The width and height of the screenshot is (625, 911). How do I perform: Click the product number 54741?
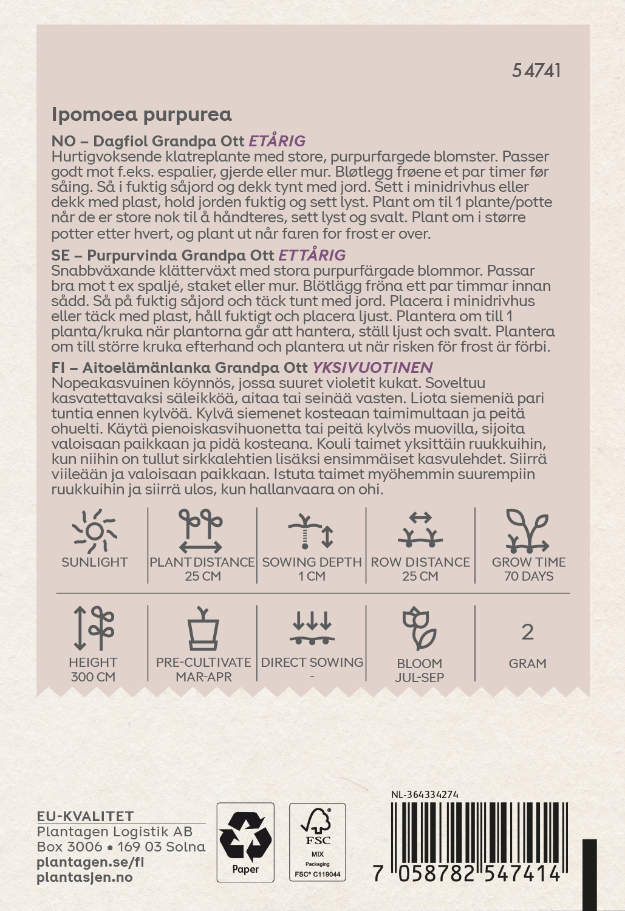536,70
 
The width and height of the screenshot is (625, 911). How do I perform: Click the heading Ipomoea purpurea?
142,114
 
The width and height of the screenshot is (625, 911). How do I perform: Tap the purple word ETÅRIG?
277,141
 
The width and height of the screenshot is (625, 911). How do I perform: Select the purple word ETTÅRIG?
312,255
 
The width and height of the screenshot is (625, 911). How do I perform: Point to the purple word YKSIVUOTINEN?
372,367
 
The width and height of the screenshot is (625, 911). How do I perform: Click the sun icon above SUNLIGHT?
94,531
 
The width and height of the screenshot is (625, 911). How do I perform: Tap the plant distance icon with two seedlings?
201,530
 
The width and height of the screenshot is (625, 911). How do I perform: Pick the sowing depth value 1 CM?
312,576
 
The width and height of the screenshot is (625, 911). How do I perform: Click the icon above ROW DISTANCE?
420,530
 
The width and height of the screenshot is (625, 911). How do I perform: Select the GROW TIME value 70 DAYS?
528,576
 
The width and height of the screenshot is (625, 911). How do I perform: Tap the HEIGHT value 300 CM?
93,677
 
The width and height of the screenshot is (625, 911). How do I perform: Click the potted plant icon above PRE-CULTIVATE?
203,629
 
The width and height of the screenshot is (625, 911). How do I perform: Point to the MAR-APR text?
203,677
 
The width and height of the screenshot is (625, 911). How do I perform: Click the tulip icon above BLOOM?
419,629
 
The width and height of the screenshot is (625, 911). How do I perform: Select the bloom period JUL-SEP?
419,678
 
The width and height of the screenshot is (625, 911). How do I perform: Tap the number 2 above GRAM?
527,633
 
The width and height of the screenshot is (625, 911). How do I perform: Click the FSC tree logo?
316,824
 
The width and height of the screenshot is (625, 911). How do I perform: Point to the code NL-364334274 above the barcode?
425,794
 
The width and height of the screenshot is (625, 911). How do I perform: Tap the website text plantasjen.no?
84,878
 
